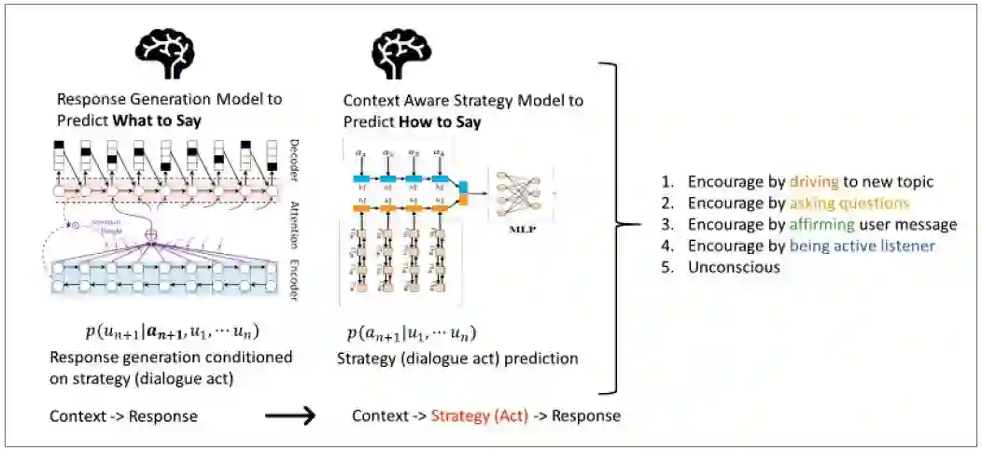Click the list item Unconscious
(734, 267)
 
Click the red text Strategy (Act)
(480, 416)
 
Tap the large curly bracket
(619, 225)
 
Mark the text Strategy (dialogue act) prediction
(458, 358)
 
